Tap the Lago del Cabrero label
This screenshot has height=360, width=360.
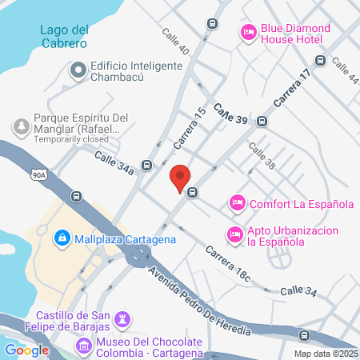[63, 37]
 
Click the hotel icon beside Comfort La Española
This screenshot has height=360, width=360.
[237, 203]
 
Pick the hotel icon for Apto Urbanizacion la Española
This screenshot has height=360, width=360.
[234, 234]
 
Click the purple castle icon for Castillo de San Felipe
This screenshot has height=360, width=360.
[122, 318]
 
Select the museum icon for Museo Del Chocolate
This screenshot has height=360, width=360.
[83, 346]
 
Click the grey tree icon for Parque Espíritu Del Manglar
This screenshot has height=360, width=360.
[20, 126]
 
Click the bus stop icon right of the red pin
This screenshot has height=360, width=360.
[193, 192]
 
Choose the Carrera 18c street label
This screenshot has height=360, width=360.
[227, 265]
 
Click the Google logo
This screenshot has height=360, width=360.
[26, 350]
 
